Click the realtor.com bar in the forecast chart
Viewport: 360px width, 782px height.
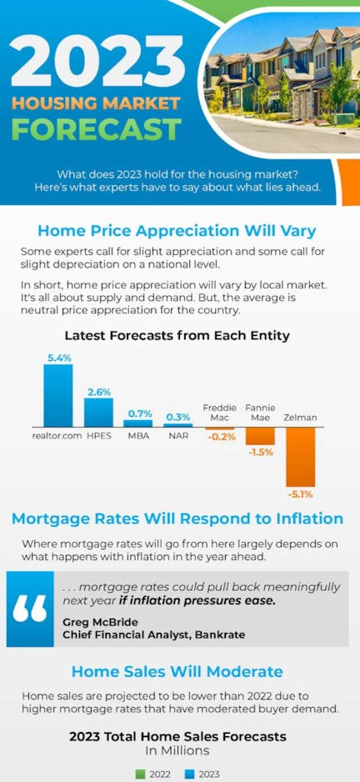point(57,395)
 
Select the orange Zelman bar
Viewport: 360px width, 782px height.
point(300,457)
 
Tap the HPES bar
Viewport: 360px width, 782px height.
point(98,413)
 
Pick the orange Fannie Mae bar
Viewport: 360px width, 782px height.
point(260,436)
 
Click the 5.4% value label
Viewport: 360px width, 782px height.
point(59,358)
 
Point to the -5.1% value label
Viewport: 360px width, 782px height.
point(300,494)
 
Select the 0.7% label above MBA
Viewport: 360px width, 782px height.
point(140,414)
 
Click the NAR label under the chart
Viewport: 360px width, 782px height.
point(178,435)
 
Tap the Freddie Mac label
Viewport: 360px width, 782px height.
point(219,413)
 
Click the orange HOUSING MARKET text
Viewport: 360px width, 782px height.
point(96,103)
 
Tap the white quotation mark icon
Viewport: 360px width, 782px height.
point(30,609)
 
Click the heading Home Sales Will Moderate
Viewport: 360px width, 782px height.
point(177,671)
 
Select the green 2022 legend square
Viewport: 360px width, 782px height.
point(141,774)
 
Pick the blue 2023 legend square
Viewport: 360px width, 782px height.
point(190,774)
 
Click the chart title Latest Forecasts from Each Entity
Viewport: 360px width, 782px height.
point(177,336)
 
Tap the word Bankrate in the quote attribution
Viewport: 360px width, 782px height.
point(220,635)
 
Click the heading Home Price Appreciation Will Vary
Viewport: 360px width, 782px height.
point(177,232)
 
